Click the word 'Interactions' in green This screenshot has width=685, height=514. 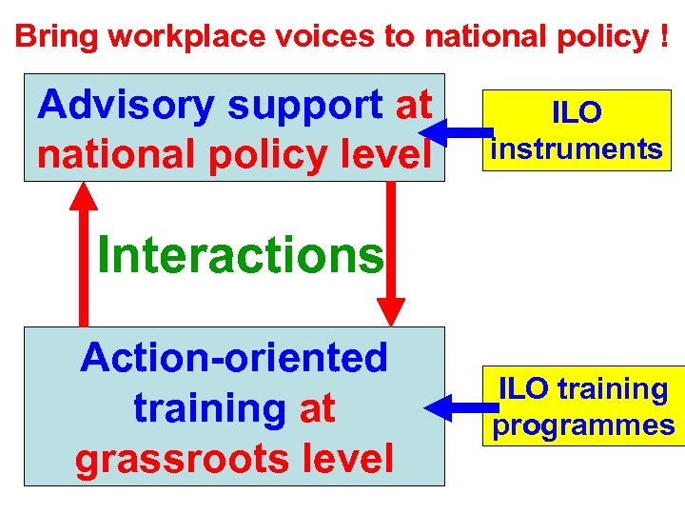(x=240, y=254)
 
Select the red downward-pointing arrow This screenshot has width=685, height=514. (x=390, y=252)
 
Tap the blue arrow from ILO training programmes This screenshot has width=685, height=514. (x=455, y=409)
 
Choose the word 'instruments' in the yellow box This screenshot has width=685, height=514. (x=576, y=148)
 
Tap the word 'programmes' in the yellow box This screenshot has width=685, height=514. (x=583, y=425)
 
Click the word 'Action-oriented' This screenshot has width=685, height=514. (x=234, y=358)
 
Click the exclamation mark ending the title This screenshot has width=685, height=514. (x=662, y=36)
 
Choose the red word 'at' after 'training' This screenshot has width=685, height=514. (x=317, y=408)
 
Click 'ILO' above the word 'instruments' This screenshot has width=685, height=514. (x=577, y=113)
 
